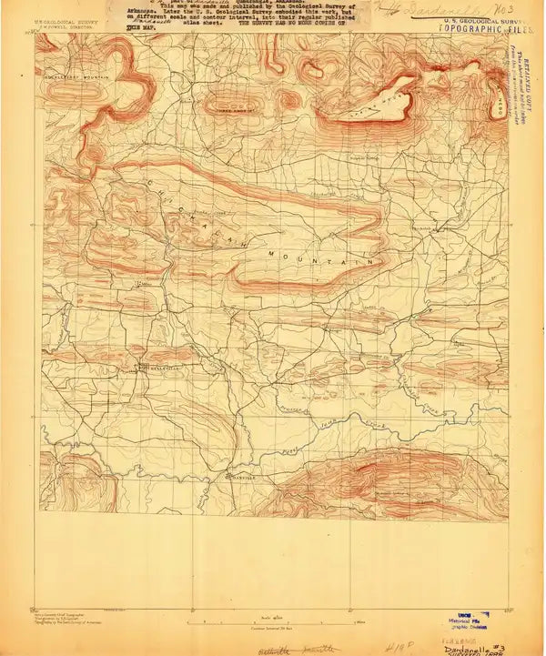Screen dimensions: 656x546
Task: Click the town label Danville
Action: (239, 478)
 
